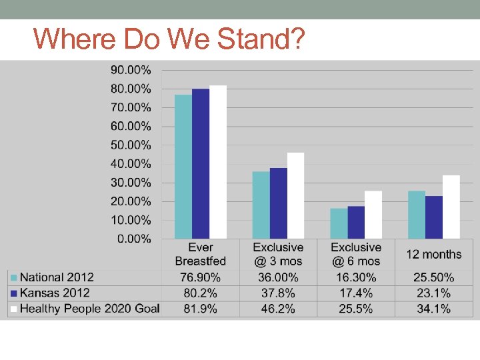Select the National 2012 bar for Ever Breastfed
click(183, 167)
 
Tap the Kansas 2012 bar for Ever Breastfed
click(201, 163)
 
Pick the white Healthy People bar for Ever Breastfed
click(218, 162)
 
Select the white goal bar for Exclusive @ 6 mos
click(373, 215)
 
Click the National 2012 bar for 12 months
click(417, 215)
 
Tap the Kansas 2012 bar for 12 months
click(434, 217)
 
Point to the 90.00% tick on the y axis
click(131, 69)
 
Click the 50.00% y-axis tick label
click(131, 145)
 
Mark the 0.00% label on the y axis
click(134, 239)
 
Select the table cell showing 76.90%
click(201, 277)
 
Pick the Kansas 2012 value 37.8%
click(278, 293)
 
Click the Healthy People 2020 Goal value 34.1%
click(433, 309)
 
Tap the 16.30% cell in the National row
click(355, 277)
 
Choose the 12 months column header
click(433, 254)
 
